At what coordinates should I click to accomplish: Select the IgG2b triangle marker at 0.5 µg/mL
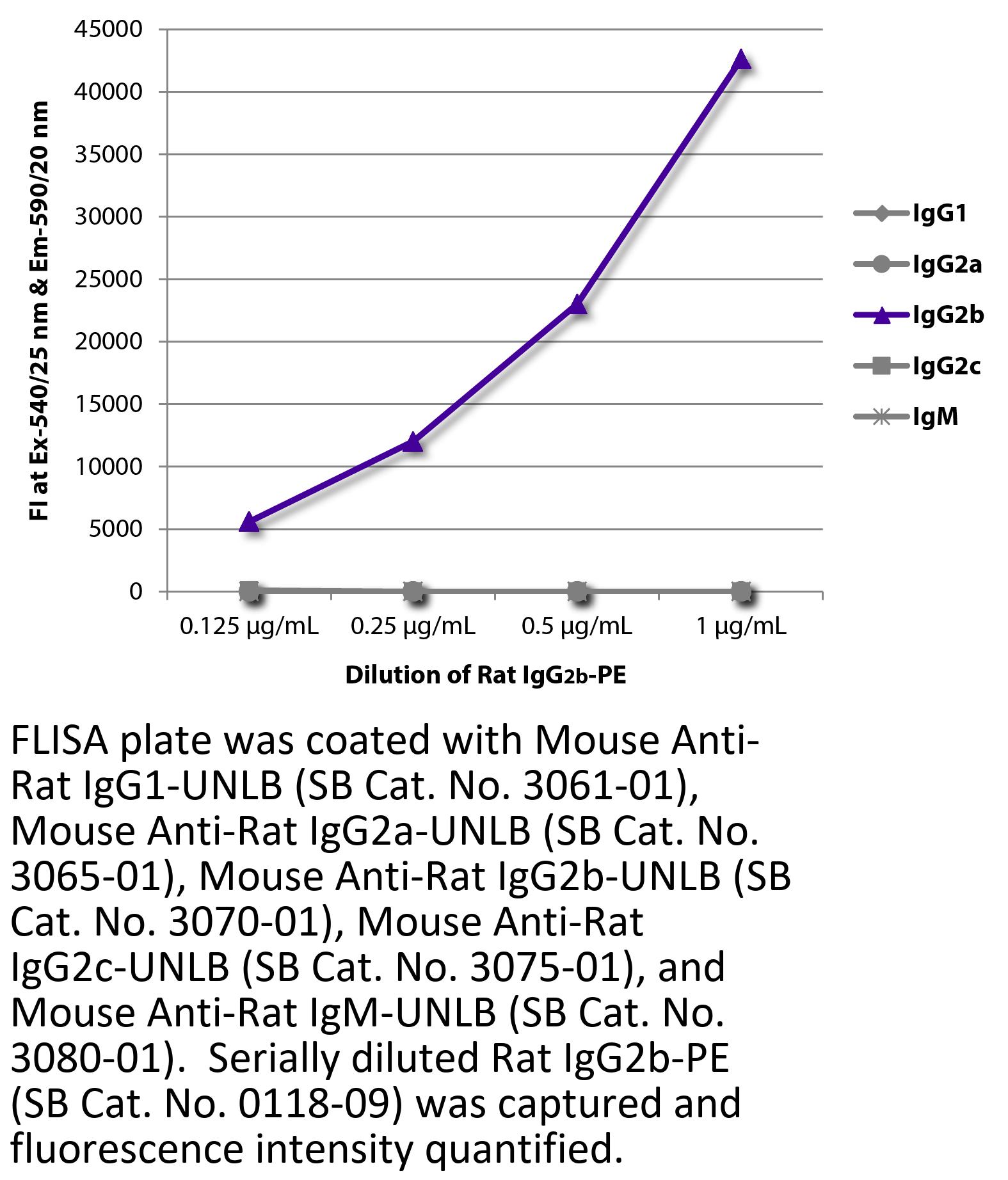[577, 305]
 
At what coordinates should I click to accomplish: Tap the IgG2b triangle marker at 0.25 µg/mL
[413, 442]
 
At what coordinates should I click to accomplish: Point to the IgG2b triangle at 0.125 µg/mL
[249, 522]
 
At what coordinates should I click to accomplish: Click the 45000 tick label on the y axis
[108, 29]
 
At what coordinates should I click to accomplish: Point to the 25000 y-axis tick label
[108, 280]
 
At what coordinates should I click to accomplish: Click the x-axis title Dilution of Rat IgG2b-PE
[486, 676]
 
